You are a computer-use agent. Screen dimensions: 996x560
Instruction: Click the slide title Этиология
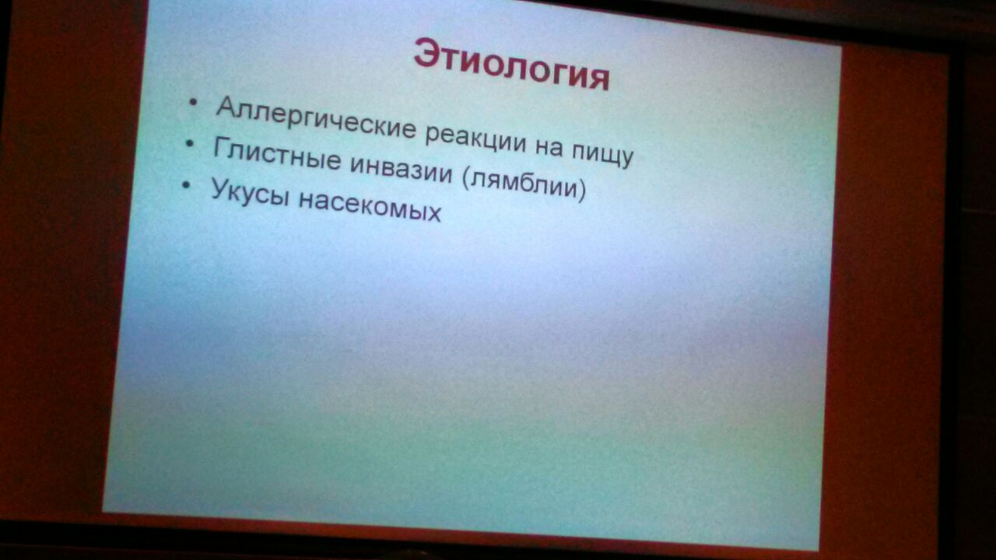(x=511, y=65)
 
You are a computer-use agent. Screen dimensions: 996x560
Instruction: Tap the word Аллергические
(x=316, y=118)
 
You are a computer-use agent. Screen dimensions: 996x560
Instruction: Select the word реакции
(x=475, y=138)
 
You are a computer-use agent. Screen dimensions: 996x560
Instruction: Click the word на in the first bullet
(x=549, y=148)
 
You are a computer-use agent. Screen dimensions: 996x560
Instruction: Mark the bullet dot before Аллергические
(x=193, y=102)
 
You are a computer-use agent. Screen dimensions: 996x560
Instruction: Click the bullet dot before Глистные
(x=190, y=143)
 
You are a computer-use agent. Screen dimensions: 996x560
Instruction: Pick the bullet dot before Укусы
(x=186, y=184)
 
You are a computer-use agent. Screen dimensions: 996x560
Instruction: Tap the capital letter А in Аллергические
(x=228, y=107)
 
